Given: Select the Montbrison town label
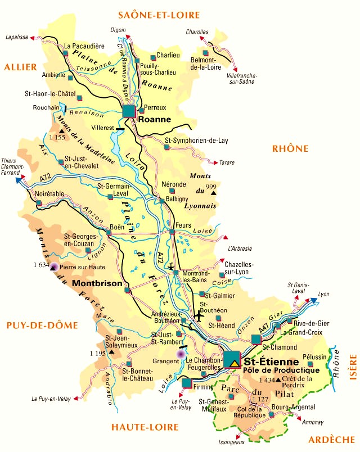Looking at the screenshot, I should (97, 284).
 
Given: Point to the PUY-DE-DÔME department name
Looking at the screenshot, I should (37, 325).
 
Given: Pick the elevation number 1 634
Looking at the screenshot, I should (41, 265).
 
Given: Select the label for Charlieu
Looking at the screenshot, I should (168, 56).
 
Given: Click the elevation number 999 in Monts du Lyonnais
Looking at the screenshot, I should (211, 187).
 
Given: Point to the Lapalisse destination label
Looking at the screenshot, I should (16, 37).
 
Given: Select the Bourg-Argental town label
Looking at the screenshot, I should (290, 406).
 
